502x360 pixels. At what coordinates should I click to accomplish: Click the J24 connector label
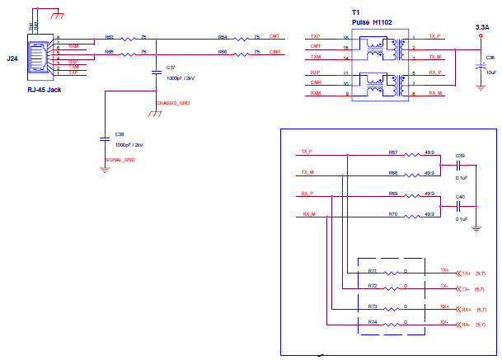[x=12, y=58]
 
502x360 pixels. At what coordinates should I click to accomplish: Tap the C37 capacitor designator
[x=170, y=67]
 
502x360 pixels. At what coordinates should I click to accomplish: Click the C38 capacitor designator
[x=120, y=133]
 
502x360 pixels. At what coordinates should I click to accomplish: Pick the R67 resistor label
[x=393, y=152]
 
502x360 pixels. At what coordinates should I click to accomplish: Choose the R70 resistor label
[x=393, y=213]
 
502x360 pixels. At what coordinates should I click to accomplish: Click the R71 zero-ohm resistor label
[x=373, y=269]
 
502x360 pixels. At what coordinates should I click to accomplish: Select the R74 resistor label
[x=373, y=321]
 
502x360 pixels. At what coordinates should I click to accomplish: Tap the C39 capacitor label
[x=460, y=155]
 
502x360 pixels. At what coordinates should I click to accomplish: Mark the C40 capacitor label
[x=460, y=196]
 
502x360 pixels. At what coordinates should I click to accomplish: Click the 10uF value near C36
[x=490, y=72]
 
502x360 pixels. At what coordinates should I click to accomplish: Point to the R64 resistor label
[x=223, y=36]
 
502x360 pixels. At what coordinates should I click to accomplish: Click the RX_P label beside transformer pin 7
[x=434, y=72]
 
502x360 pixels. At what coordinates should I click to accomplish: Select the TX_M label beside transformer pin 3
[x=434, y=55]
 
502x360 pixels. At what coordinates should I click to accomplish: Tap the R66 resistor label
[x=223, y=52]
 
